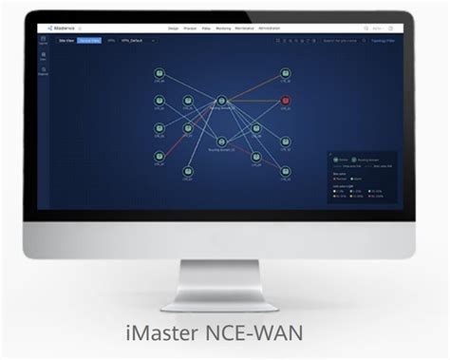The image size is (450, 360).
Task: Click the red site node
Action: [x=286, y=101]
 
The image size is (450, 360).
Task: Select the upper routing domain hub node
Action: [x=221, y=101]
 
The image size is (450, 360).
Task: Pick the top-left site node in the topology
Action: [x=159, y=73]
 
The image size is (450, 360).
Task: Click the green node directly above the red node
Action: [x=286, y=73]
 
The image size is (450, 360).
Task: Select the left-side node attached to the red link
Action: [x=159, y=156]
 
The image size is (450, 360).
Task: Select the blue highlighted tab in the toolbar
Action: [x=88, y=41]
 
